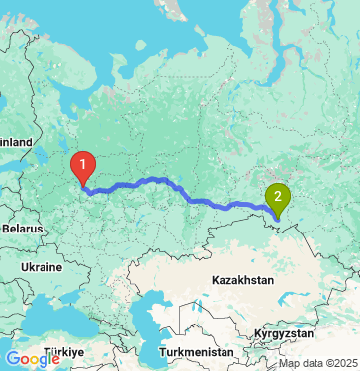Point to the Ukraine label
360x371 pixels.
[x=41, y=267]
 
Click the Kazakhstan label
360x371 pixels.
[x=242, y=281]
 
